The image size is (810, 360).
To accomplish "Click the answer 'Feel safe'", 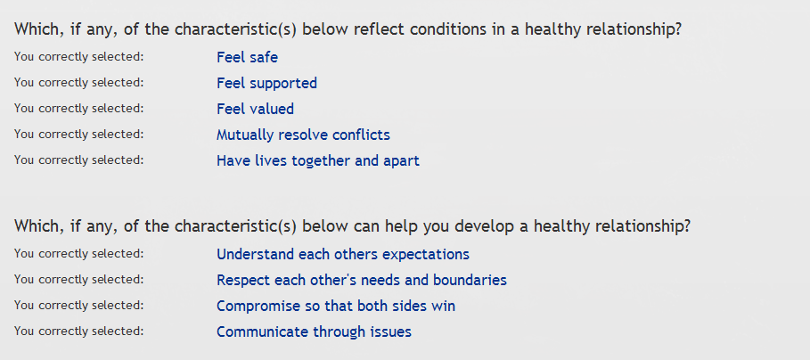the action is pos(247,57).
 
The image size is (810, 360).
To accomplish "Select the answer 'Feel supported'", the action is pos(266,83).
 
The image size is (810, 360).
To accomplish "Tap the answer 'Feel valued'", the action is pos(255,109).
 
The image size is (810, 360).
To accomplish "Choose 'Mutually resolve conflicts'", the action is pos(303,135).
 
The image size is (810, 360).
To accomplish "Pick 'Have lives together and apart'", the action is pos(318,160).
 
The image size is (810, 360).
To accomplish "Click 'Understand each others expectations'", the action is pos(343,254).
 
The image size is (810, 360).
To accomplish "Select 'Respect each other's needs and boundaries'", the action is pos(362,280).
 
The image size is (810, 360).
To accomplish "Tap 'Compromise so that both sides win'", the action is pos(336,306).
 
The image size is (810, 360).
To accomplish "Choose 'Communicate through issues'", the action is pos(314,331).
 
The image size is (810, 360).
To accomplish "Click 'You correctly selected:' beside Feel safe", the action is pos(78,57).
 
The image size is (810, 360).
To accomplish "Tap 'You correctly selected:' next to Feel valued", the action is pos(78,109).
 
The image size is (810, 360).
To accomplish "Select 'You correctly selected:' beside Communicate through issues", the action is pos(78,331).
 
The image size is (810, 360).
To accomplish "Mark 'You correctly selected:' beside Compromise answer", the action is pos(78,306).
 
